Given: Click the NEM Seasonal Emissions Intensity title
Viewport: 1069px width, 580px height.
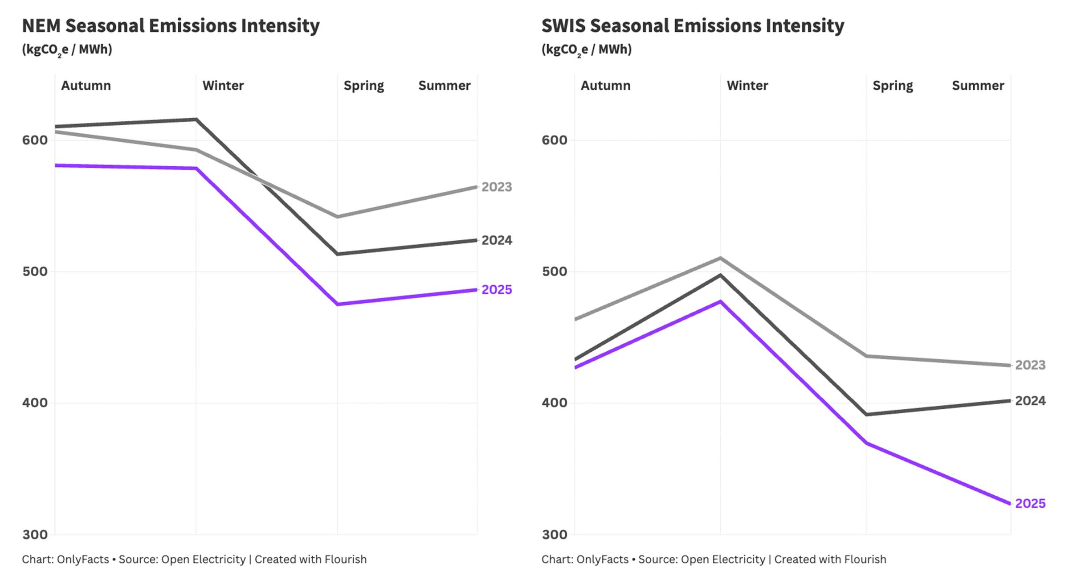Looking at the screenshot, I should [x=171, y=26].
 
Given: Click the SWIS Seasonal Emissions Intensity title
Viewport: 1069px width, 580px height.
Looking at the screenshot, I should [x=693, y=26].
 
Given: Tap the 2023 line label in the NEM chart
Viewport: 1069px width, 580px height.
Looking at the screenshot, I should [x=497, y=187].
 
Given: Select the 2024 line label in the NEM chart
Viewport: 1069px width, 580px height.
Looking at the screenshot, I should [x=497, y=240].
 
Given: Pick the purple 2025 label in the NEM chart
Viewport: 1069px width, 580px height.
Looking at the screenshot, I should [x=497, y=290].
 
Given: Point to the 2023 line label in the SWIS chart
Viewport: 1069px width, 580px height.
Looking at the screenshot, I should [x=1030, y=365].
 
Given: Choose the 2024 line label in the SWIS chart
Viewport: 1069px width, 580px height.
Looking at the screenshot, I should [x=1030, y=401].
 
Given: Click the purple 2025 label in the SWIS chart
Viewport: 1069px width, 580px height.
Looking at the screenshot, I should [x=1030, y=503].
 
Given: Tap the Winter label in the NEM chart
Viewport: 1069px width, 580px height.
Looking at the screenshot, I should [x=223, y=86].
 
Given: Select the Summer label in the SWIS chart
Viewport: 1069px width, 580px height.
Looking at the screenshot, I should [x=978, y=86].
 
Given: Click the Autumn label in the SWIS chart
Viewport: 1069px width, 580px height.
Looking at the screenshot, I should [x=605, y=86].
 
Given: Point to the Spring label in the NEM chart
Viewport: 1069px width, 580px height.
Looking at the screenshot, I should [x=363, y=86].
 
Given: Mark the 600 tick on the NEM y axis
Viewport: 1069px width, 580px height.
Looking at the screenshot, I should [x=35, y=140].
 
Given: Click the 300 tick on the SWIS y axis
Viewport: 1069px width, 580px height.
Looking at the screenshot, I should [x=555, y=535].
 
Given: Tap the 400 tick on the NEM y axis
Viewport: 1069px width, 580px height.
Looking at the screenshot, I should [x=35, y=403].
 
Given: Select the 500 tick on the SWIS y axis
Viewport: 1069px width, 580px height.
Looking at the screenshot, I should [x=555, y=271].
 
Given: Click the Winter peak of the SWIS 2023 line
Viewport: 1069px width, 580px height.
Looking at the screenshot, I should [x=720, y=258].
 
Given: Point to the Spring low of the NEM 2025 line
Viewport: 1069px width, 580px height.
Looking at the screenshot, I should [x=338, y=304].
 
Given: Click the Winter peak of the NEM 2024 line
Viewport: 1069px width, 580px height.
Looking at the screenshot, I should [x=196, y=119].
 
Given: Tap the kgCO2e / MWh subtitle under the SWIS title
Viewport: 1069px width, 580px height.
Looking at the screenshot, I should [x=586, y=49].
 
